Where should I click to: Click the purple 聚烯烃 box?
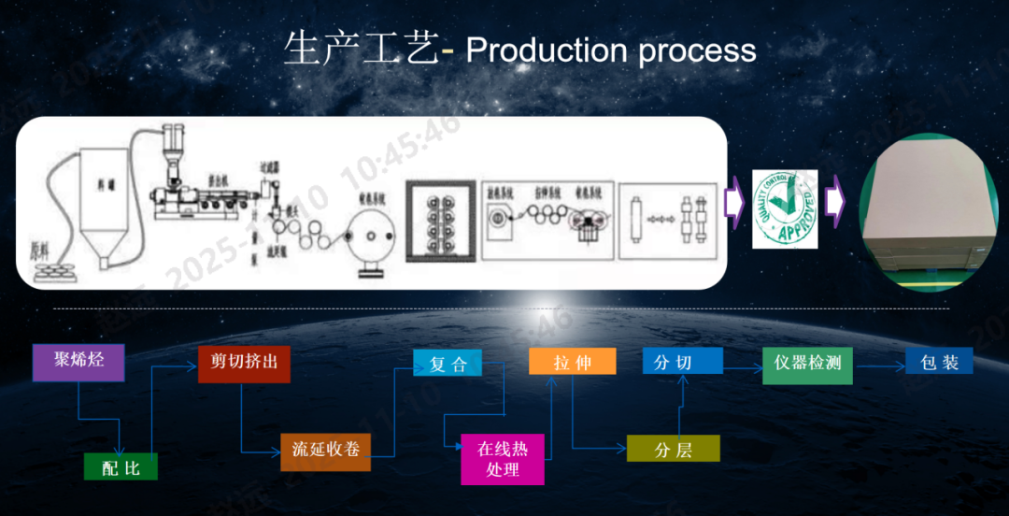[78, 362]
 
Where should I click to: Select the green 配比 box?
[121, 466]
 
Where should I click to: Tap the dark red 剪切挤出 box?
[244, 363]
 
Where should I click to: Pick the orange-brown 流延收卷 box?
[325, 451]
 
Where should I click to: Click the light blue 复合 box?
[448, 363]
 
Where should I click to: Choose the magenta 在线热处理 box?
[502, 459]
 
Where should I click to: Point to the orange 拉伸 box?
[572, 362]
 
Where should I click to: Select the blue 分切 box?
[682, 361]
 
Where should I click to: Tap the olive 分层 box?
[673, 449]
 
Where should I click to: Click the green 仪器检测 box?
[808, 363]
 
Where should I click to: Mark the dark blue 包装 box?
[939, 362]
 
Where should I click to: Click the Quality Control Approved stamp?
[786, 208]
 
